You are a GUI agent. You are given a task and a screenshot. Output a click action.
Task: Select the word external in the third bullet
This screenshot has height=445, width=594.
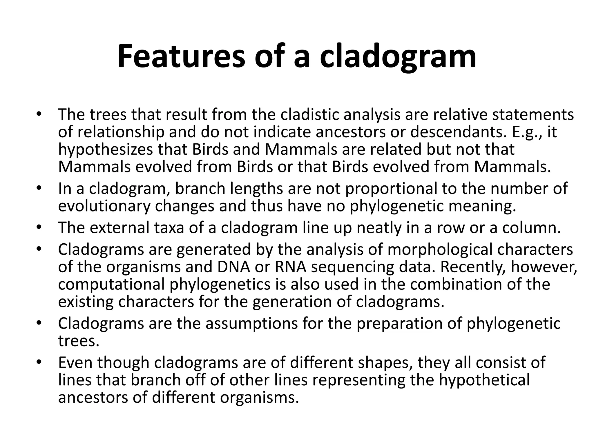(x=119, y=228)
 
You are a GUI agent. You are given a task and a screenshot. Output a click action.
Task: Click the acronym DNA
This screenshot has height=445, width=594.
(x=234, y=267)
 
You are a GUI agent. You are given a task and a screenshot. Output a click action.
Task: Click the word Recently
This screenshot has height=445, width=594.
(x=473, y=267)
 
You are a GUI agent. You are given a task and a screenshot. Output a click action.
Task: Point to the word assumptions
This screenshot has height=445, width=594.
(x=251, y=323)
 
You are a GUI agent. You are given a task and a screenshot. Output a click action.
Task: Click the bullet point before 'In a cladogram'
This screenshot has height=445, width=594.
(x=39, y=189)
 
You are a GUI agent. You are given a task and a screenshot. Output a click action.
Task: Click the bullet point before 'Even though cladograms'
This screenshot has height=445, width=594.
(x=39, y=362)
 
